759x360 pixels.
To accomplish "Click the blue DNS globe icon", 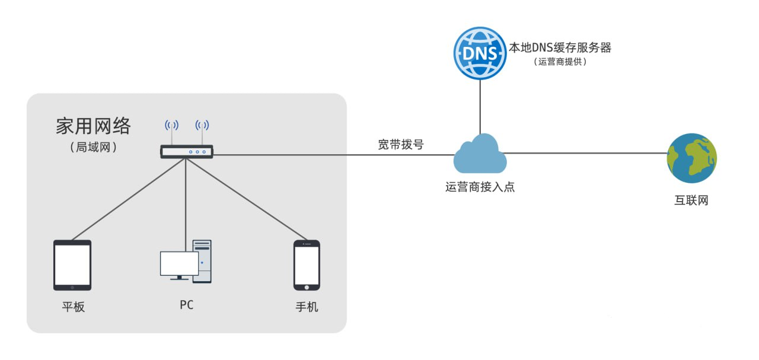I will point(480,53).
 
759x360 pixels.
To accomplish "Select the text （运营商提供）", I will point(560,62).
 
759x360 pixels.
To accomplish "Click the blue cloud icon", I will point(480,154).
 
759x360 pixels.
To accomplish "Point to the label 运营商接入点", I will point(480,187).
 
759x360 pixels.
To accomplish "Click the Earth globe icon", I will point(691,158).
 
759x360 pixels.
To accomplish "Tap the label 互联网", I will point(691,200).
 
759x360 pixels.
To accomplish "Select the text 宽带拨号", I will point(401,144).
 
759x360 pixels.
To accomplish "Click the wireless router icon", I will point(186,152).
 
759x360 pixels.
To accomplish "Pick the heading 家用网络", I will point(93,126).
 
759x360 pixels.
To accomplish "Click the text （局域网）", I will point(93,146).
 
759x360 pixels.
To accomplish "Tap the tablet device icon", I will point(72,265).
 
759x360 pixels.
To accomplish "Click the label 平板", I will point(74,307).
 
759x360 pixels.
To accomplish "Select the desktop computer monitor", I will point(178,265).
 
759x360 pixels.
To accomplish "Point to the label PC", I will point(186,305).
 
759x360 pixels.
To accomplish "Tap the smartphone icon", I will point(307,265).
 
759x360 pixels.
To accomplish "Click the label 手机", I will point(307,307).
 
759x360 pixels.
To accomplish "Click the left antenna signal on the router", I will point(171,125).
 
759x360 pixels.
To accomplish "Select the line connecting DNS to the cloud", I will point(480,107).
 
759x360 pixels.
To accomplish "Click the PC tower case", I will point(203,261).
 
